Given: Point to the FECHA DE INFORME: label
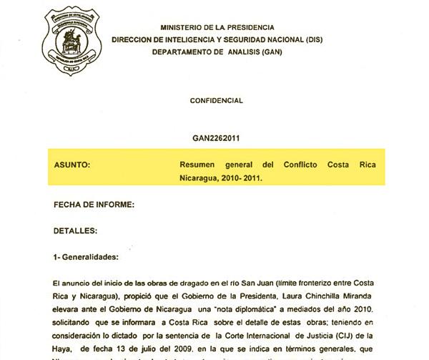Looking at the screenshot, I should coord(94,205).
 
